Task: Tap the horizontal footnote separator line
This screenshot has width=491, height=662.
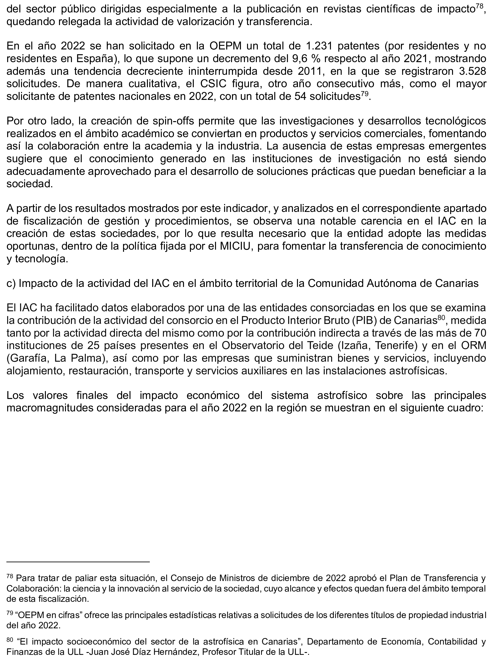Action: point(78,562)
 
